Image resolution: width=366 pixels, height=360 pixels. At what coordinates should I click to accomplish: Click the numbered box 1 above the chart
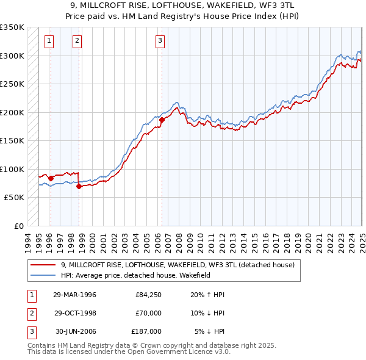[49, 41]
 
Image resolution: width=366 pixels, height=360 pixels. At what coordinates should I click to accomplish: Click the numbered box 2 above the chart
[77, 41]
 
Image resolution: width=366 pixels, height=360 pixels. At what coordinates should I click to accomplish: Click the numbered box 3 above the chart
[160, 41]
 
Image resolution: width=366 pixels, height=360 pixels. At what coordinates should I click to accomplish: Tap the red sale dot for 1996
[51, 178]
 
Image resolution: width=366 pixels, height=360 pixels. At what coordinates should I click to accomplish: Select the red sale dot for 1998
[79, 186]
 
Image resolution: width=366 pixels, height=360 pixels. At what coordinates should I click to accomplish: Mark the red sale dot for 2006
[162, 120]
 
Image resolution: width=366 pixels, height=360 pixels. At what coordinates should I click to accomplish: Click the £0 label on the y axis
[18, 226]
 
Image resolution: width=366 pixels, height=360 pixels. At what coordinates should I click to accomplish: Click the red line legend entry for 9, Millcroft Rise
[178, 265]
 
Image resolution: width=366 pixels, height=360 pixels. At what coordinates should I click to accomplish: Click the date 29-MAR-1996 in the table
[75, 295]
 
